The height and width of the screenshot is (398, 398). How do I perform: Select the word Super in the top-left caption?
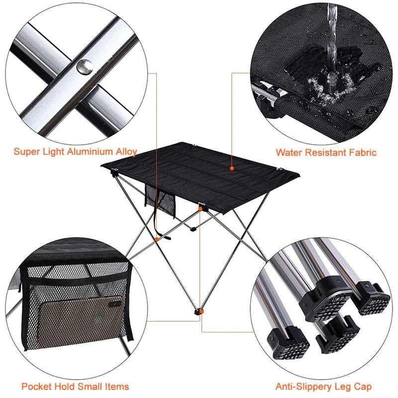(25, 152)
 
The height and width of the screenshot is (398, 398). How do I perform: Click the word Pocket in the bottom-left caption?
(35, 386)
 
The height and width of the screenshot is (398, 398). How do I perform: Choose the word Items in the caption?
(118, 386)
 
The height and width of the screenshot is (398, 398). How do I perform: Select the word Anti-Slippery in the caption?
(299, 386)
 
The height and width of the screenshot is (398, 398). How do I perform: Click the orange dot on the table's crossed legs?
(157, 239)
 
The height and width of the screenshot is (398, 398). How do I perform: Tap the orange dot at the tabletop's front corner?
(200, 209)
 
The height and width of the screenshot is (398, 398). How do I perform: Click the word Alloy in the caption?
(126, 152)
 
